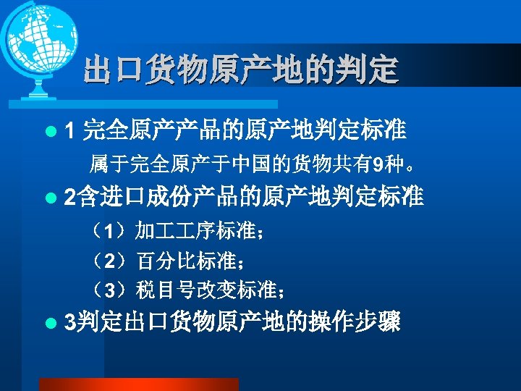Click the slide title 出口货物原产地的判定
click(x=240, y=70)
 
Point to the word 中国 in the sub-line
click(x=247, y=164)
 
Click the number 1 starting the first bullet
click(x=69, y=131)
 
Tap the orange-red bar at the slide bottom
click(x=137, y=384)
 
